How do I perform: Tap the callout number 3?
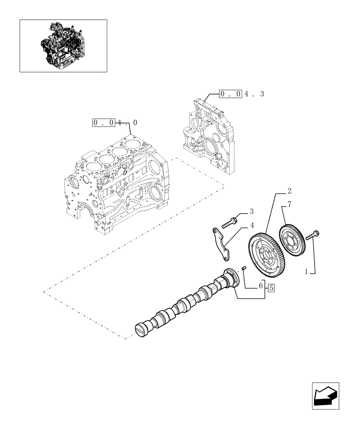pos(252,211)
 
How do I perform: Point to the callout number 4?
pos(252,225)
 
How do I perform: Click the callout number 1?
pos(306,271)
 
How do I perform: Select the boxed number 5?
pos(271,288)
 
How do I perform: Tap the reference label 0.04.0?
pos(115,123)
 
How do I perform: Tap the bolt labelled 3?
pos(229,223)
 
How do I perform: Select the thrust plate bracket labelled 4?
pos(221,245)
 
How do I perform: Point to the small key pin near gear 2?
pos(243,269)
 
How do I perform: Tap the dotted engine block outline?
pos(114,184)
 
